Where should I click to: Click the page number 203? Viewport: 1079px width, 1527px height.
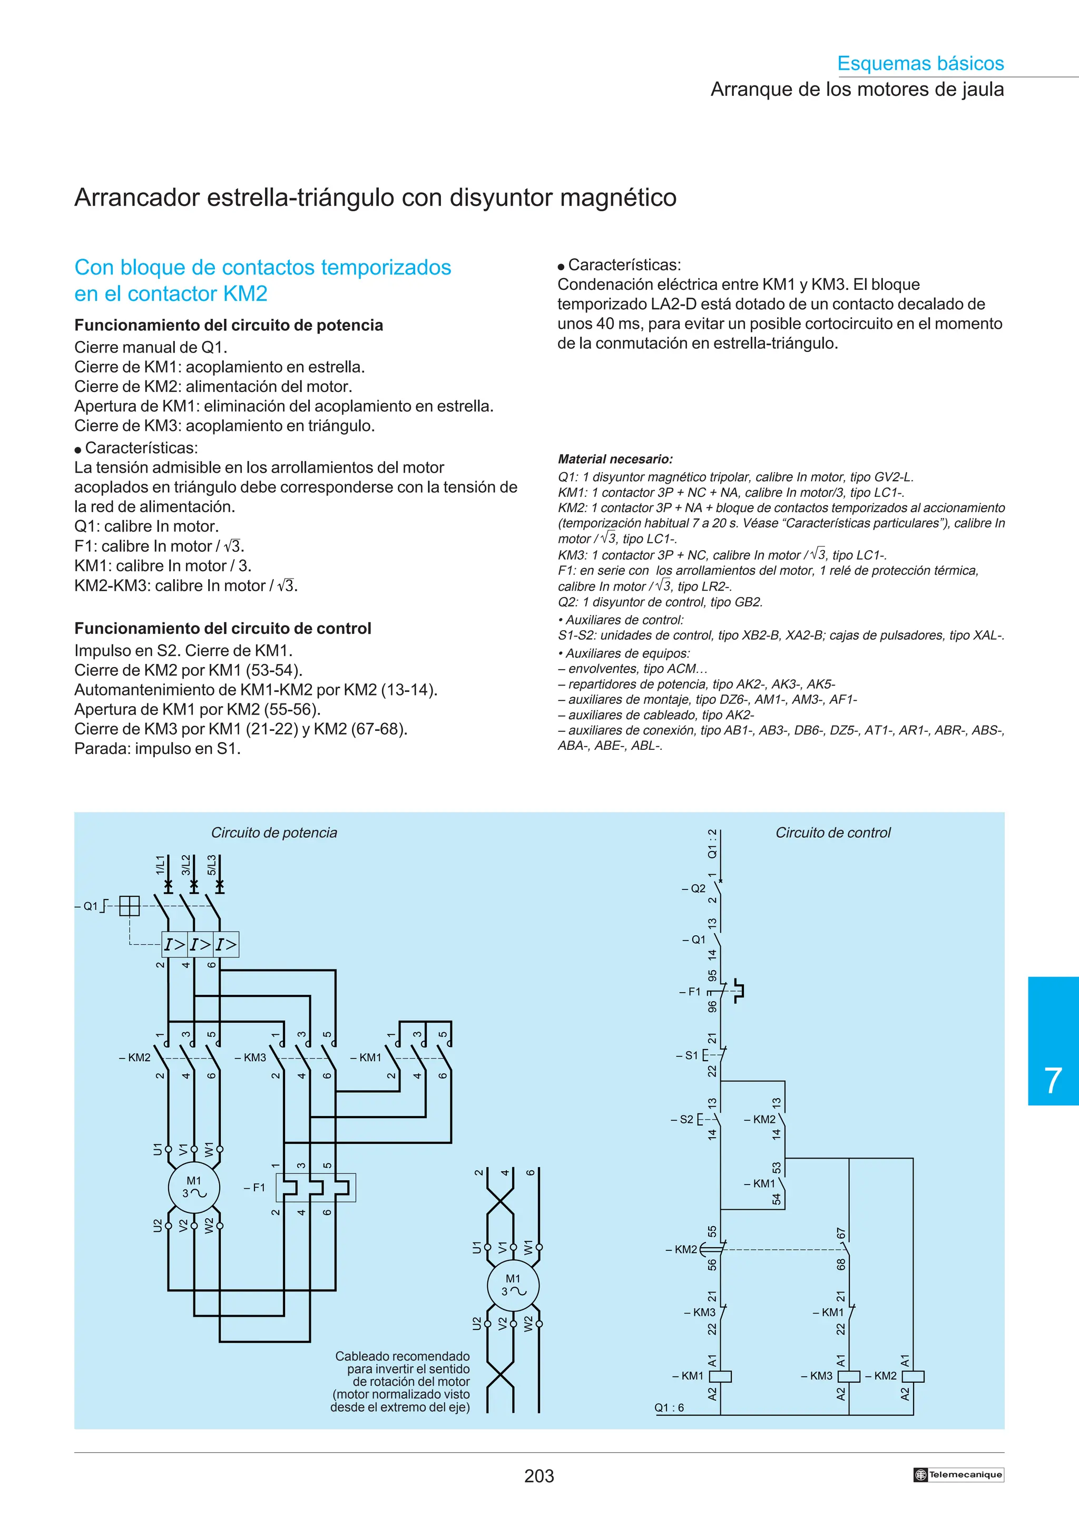538,1476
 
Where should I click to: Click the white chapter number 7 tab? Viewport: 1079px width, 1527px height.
1053,1080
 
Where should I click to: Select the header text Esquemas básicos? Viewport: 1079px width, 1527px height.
920,63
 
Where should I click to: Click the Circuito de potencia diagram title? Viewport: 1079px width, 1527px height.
274,833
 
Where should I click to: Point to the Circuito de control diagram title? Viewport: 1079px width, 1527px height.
832,833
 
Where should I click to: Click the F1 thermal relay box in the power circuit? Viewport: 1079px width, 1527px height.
316,1187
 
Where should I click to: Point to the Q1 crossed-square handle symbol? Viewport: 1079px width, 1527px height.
130,906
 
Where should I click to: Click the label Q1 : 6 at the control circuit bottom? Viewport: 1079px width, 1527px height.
669,1407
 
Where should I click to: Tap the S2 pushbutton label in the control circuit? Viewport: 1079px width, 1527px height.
686,1119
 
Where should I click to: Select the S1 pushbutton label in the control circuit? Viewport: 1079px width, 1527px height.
691,1055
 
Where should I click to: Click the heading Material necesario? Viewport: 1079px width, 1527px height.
615,459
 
